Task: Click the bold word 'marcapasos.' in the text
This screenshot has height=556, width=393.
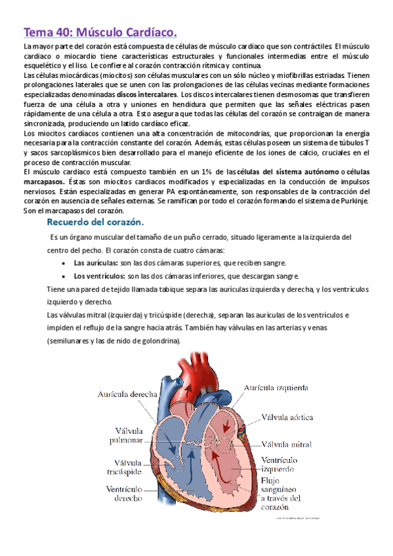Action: click(x=43, y=180)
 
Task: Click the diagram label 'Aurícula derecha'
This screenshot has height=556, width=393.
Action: click(x=127, y=394)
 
